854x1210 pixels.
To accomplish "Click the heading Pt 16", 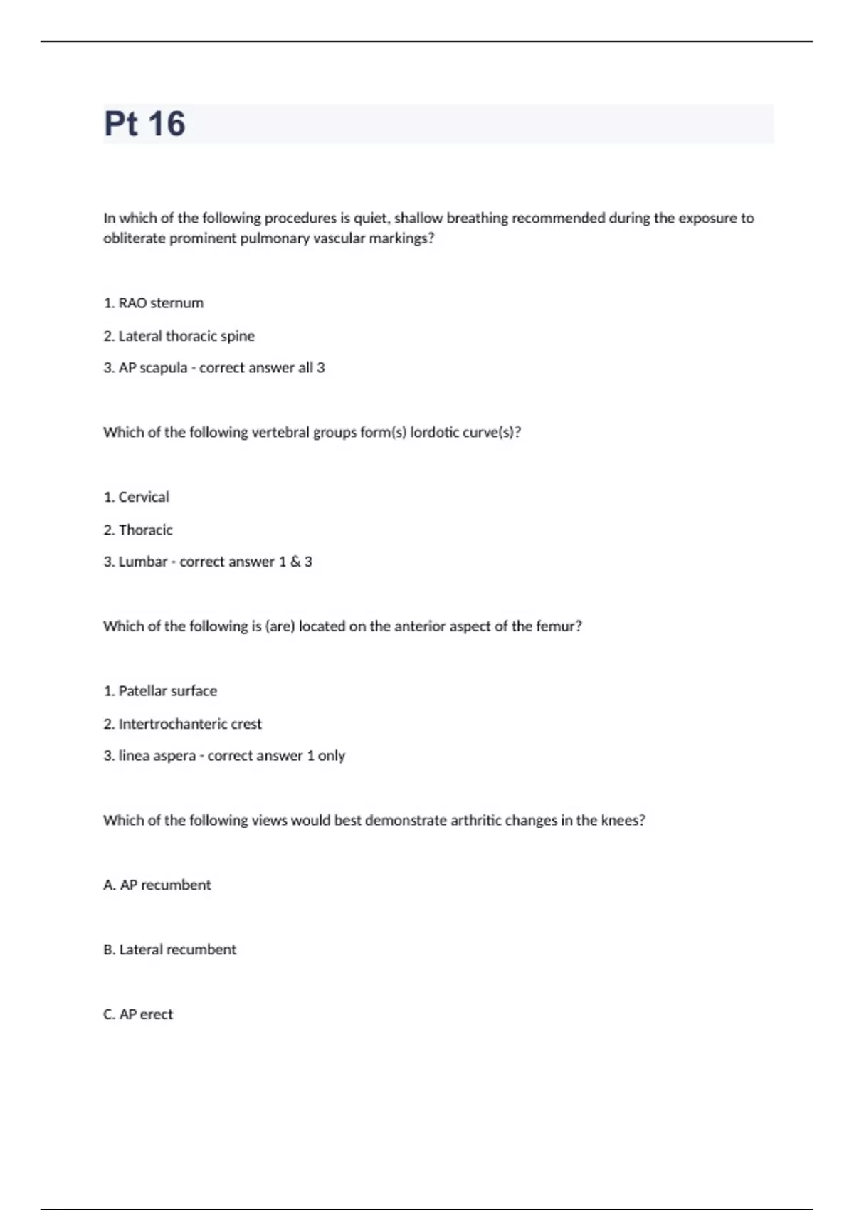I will coord(144,123).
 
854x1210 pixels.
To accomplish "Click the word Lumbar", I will coord(142,562).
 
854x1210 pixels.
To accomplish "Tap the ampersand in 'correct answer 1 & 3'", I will coord(295,562).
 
